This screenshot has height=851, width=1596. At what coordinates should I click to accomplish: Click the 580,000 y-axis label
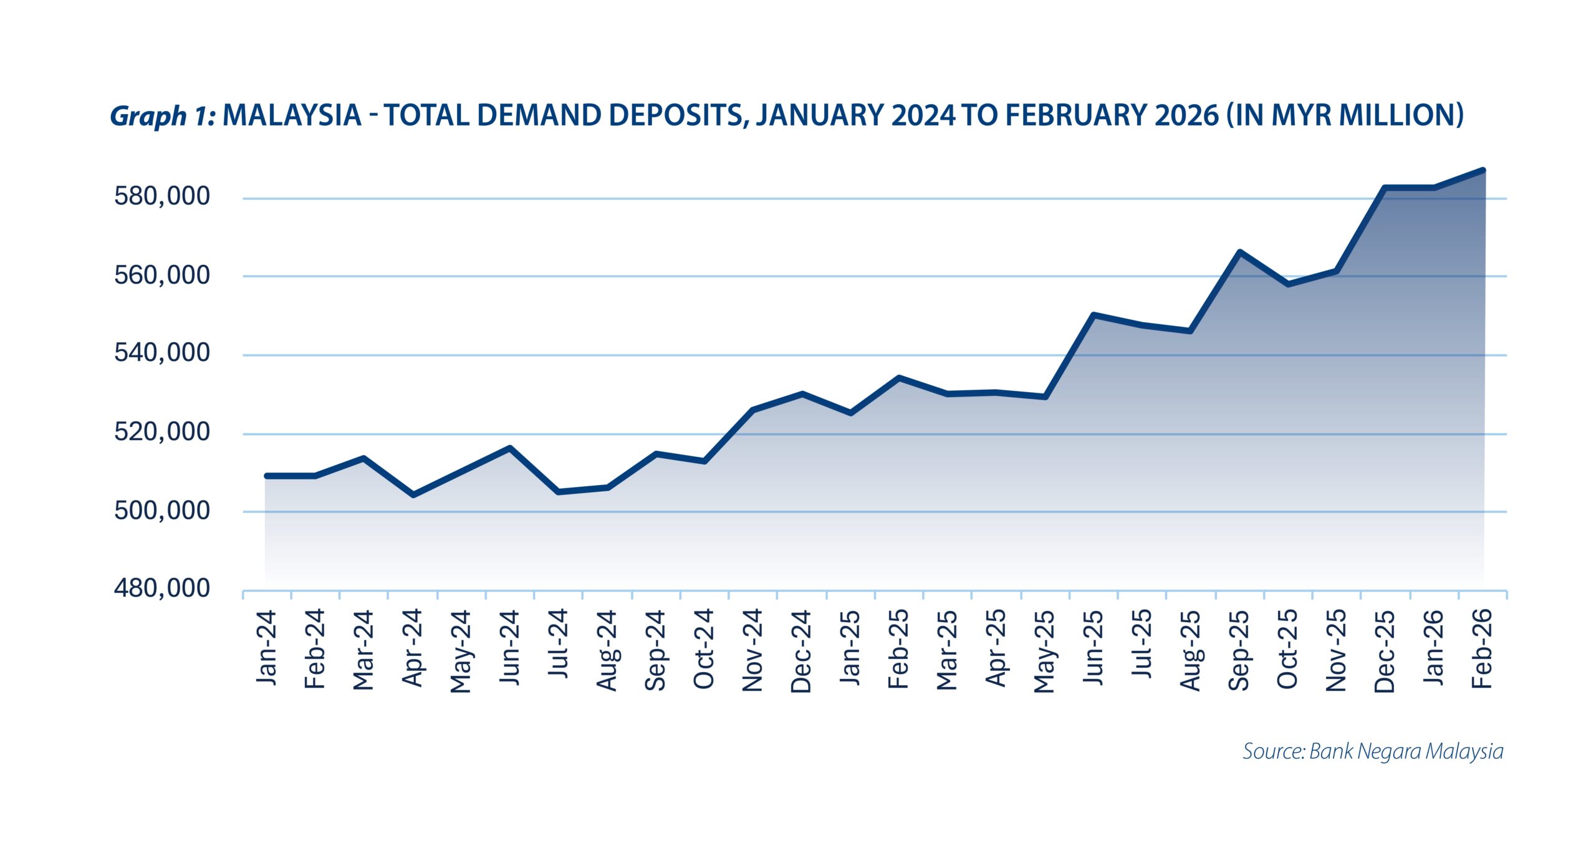(x=162, y=196)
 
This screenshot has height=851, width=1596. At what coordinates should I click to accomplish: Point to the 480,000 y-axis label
(x=162, y=588)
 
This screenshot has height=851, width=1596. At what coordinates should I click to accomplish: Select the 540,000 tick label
(x=162, y=353)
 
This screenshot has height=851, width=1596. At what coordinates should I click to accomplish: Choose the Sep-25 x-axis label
(x=1239, y=650)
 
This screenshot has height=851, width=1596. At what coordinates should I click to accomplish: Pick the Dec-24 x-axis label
(x=801, y=651)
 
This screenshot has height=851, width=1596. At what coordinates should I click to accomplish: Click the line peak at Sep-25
(x=1240, y=252)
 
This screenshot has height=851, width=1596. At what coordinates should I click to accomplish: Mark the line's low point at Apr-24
(x=413, y=495)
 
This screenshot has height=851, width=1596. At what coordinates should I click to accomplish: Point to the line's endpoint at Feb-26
(x=1483, y=170)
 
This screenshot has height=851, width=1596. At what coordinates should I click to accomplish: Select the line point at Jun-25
(x=1094, y=315)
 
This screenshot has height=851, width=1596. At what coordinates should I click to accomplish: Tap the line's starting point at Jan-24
(x=267, y=476)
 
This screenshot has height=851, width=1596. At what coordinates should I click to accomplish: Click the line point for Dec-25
(x=1385, y=188)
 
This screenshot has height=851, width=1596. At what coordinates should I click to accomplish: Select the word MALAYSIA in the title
(x=292, y=115)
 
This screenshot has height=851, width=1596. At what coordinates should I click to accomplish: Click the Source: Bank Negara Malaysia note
(x=1373, y=751)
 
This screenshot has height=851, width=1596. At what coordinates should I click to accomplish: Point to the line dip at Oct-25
(x=1288, y=284)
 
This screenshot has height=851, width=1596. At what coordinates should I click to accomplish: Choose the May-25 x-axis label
(x=1044, y=651)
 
